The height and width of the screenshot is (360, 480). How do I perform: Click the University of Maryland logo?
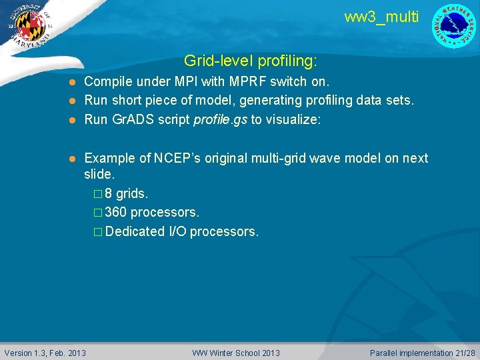click(27, 26)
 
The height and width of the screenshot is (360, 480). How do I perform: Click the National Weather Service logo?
click(454, 26)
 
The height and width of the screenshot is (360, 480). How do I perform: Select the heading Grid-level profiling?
click(251, 61)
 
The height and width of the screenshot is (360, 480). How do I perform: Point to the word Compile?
click(107, 82)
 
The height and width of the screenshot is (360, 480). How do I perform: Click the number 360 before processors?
click(116, 213)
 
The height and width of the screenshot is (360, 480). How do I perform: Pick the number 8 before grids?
click(109, 194)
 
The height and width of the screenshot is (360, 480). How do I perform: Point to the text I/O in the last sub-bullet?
click(177, 231)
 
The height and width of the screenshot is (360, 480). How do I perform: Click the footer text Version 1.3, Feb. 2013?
click(45, 353)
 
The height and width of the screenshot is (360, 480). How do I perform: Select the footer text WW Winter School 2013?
click(236, 353)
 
